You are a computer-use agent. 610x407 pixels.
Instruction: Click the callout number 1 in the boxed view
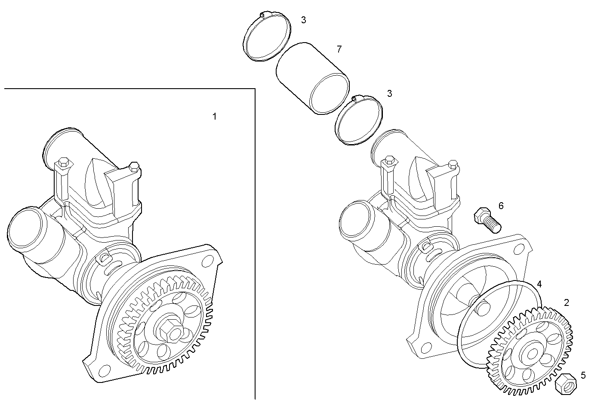click(x=215, y=117)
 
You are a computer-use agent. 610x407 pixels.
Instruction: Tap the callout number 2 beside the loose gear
click(x=567, y=303)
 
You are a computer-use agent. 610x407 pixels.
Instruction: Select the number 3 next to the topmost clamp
click(x=303, y=20)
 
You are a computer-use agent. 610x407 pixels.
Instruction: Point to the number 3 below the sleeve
click(x=389, y=93)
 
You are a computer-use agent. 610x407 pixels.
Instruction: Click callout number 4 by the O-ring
click(x=539, y=284)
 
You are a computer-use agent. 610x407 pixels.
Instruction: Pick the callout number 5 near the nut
click(x=583, y=375)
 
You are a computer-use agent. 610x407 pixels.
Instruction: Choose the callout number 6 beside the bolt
click(x=501, y=206)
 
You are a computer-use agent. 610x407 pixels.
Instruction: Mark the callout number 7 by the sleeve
click(x=339, y=49)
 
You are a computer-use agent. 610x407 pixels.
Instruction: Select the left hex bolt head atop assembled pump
click(x=62, y=162)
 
